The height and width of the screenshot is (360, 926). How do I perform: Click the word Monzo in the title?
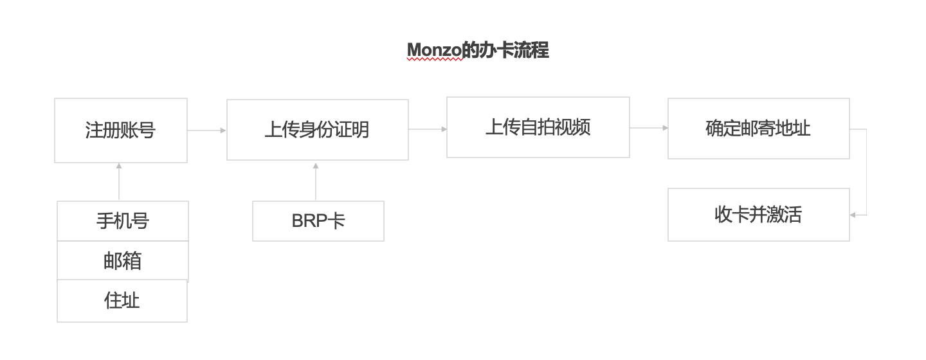pyautogui.click(x=434, y=50)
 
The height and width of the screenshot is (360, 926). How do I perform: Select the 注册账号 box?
pyautogui.click(x=121, y=130)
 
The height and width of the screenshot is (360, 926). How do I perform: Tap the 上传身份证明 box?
pyautogui.click(x=317, y=130)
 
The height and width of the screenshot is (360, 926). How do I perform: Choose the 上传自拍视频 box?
pyautogui.click(x=538, y=127)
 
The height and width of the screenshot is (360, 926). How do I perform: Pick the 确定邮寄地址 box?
pyautogui.click(x=758, y=129)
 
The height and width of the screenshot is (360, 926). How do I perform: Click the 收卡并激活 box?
pyautogui.click(x=758, y=215)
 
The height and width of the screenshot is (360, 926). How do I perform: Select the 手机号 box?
pyautogui.click(x=123, y=221)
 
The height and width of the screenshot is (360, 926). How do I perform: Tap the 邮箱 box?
pyautogui.click(x=123, y=261)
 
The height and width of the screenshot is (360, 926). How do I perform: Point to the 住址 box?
pyautogui.click(x=122, y=301)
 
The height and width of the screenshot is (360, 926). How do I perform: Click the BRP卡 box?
pyautogui.click(x=318, y=221)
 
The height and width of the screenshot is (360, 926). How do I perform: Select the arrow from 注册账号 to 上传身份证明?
pyautogui.click(x=206, y=130)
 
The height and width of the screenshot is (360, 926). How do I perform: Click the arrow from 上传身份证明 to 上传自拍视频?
pyautogui.click(x=428, y=129)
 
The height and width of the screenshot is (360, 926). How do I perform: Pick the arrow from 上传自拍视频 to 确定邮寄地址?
pyautogui.click(x=648, y=128)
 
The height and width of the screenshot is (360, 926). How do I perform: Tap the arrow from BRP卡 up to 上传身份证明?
pyautogui.click(x=316, y=181)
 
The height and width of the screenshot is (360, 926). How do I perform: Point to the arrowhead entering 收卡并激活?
pyautogui.click(x=853, y=215)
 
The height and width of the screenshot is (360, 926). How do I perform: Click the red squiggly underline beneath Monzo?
pyautogui.click(x=434, y=59)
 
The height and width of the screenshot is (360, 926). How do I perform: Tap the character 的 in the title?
pyautogui.click(x=471, y=50)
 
